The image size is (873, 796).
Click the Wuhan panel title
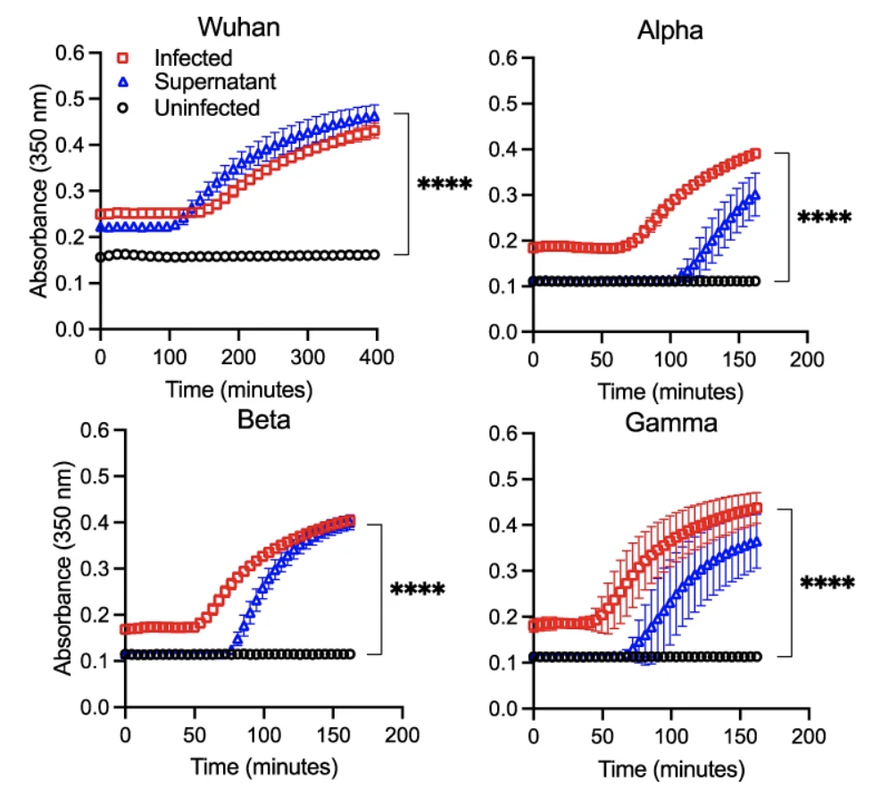(x=238, y=25)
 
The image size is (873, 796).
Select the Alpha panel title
(x=669, y=31)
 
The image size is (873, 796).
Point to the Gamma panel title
(x=670, y=422)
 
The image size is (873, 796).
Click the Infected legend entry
(x=193, y=58)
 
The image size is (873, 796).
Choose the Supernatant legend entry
(x=215, y=83)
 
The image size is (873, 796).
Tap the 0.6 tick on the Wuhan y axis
(x=74, y=53)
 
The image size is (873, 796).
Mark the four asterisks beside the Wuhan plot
(x=445, y=186)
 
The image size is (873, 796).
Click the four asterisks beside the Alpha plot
(x=825, y=218)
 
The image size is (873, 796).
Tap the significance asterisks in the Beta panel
(x=417, y=590)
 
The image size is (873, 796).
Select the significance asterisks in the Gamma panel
(x=827, y=585)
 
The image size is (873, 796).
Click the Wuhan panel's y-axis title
(x=39, y=190)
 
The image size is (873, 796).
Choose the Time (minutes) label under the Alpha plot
(x=669, y=391)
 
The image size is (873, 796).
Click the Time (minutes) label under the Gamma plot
(x=670, y=768)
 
